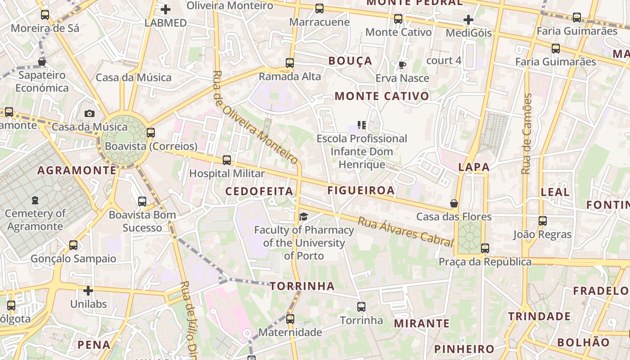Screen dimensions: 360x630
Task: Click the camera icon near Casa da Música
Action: click(x=90, y=113)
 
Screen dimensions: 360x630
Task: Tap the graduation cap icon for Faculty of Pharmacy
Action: click(x=303, y=217)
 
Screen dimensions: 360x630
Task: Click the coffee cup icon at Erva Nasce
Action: click(x=402, y=65)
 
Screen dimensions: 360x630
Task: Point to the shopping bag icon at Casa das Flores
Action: click(x=454, y=204)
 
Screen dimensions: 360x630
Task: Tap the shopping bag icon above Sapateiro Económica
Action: click(x=42, y=62)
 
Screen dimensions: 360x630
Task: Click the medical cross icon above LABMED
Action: click(x=166, y=9)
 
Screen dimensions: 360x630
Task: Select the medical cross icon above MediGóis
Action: click(x=468, y=20)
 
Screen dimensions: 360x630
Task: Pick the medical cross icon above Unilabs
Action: click(x=88, y=291)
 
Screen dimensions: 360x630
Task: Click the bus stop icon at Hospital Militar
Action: click(x=227, y=160)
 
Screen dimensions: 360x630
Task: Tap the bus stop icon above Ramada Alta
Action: click(x=290, y=63)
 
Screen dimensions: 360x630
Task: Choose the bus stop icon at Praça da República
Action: click(x=485, y=248)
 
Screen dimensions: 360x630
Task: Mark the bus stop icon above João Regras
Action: click(x=543, y=221)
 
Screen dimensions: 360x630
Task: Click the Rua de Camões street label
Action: click(x=526, y=134)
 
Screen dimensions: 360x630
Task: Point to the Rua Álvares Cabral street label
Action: click(x=405, y=232)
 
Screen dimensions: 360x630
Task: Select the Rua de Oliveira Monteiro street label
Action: click(x=255, y=117)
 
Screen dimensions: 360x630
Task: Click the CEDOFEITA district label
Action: click(x=259, y=191)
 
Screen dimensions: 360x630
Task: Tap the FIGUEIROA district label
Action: click(x=361, y=190)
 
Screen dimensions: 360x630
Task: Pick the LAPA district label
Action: click(x=473, y=167)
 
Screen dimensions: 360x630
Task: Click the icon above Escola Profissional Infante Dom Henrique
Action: click(x=362, y=125)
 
